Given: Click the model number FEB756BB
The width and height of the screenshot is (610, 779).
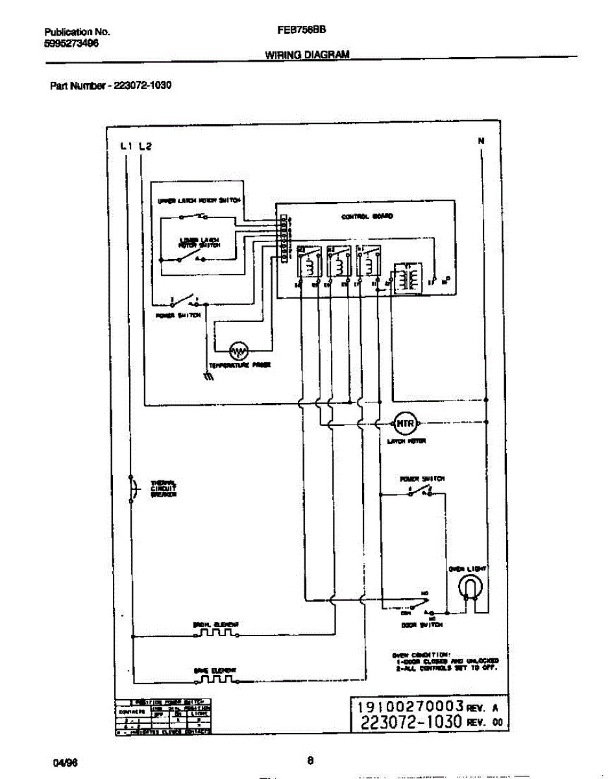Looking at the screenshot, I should tap(302, 31).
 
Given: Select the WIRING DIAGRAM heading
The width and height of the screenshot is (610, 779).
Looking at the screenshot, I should tap(307, 55).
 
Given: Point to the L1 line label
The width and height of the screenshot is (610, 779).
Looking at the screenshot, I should tap(127, 146).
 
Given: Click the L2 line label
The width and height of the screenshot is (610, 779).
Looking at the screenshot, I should tap(145, 146).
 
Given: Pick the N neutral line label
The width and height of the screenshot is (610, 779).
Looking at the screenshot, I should tap(481, 141).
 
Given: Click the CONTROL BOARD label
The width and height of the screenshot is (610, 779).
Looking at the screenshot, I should tap(367, 217).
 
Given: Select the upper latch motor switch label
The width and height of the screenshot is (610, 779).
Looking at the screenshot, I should tap(199, 201).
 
